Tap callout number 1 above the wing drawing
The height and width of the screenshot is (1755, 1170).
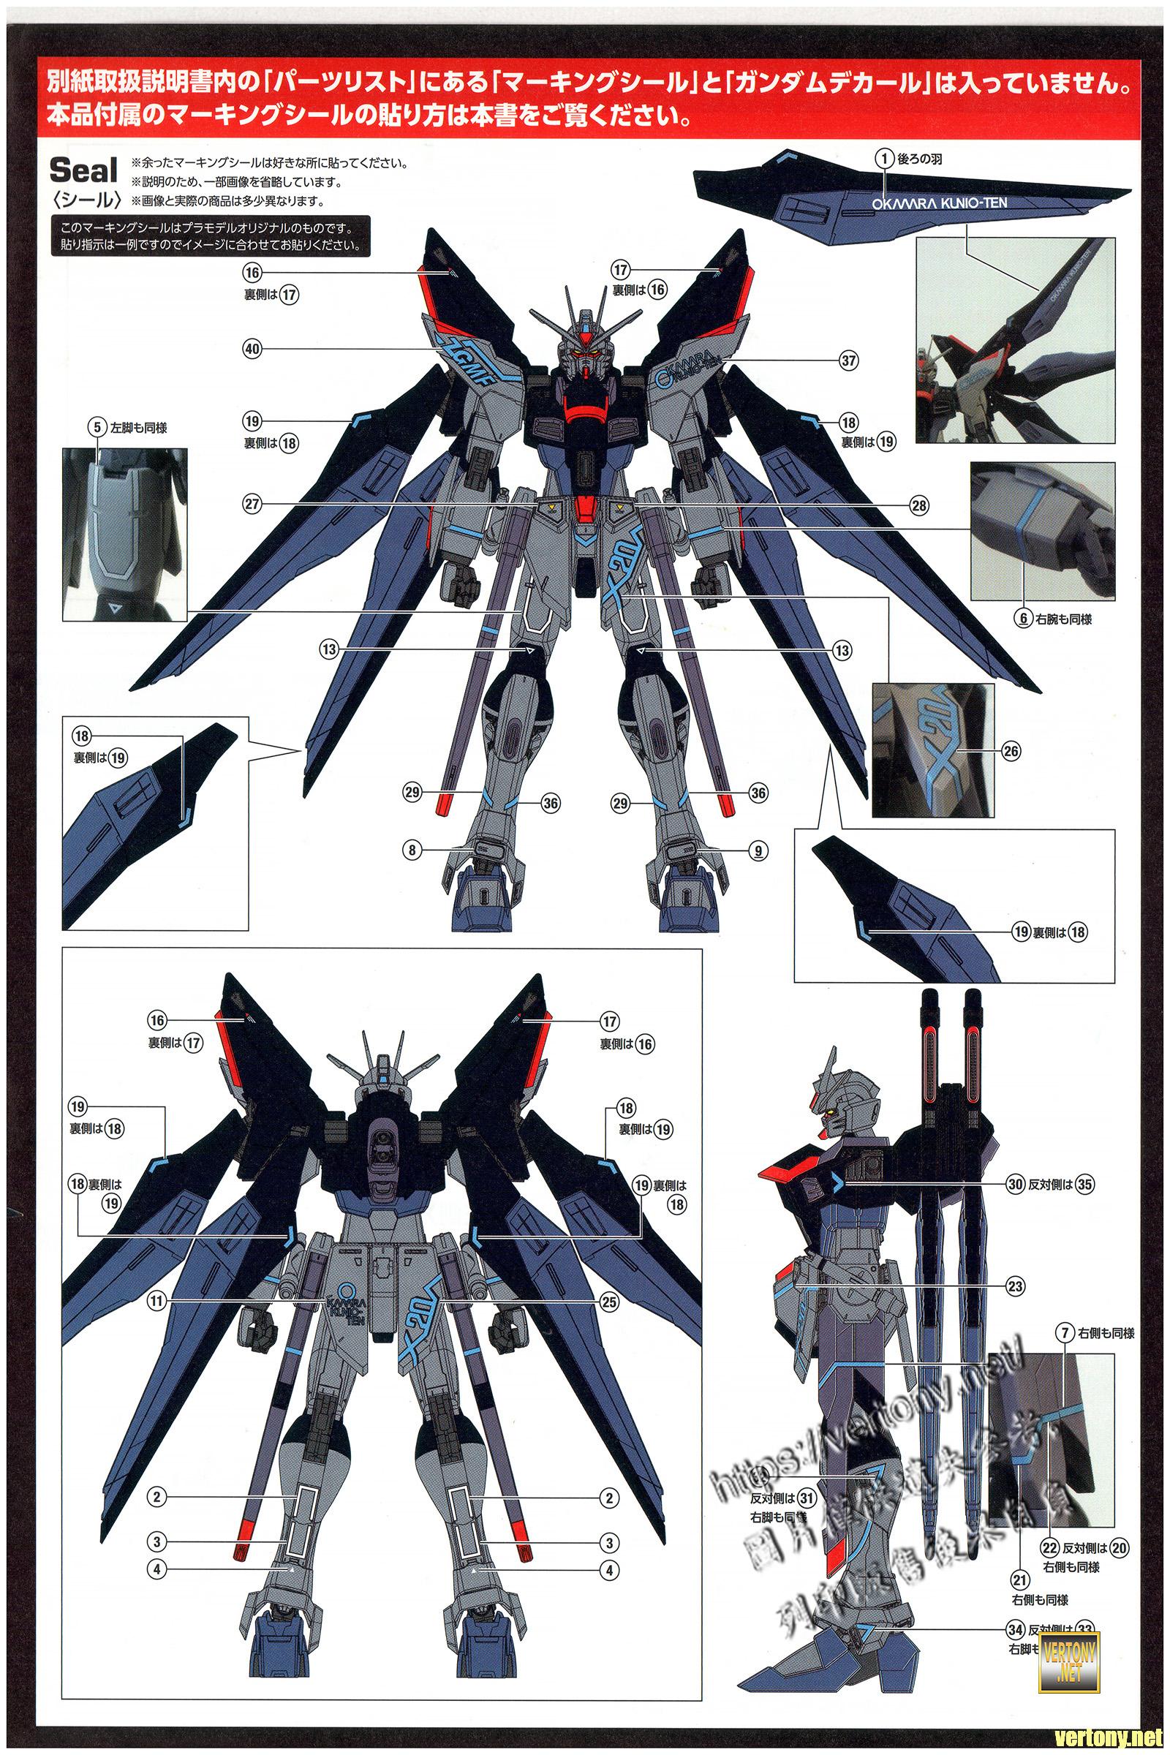coord(885,158)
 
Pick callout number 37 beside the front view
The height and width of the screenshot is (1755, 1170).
coord(848,361)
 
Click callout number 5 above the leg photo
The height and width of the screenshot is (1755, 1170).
coord(95,428)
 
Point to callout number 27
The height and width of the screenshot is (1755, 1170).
coord(252,505)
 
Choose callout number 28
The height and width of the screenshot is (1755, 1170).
coord(919,505)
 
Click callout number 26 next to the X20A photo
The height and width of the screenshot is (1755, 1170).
coord(1011,752)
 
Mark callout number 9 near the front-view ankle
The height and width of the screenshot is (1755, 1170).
coord(758,850)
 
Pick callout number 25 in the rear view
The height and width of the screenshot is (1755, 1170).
coord(610,1302)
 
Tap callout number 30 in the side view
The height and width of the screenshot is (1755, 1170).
coord(1014,1183)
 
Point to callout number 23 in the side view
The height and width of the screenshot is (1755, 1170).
coord(1015,1286)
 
